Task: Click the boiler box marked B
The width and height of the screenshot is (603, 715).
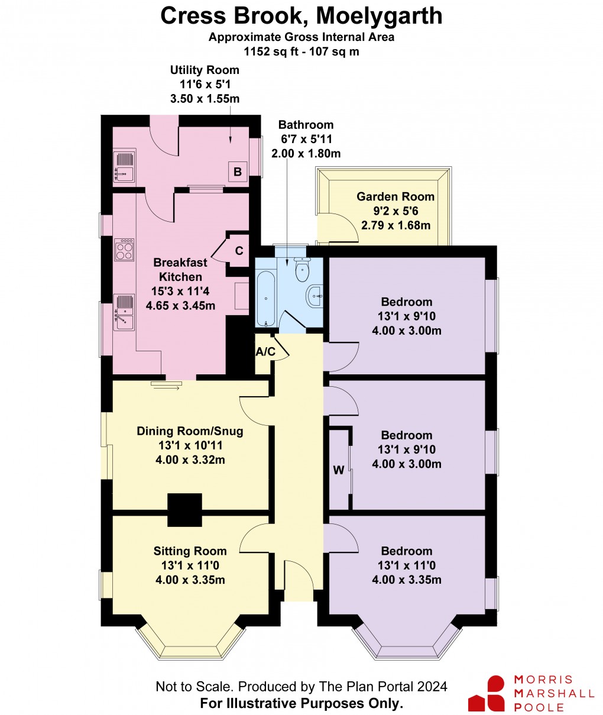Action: (238, 172)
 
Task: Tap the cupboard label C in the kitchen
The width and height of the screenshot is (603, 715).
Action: (239, 251)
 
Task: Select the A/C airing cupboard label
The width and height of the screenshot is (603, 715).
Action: (265, 352)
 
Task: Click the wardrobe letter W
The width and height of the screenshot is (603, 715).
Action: (339, 471)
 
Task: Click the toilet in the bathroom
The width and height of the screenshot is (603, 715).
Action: (302, 271)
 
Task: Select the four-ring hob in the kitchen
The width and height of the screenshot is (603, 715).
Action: (124, 250)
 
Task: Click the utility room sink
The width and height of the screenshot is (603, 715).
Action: (124, 166)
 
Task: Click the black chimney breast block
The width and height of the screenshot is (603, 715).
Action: (186, 510)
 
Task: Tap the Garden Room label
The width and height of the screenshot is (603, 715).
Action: (395, 197)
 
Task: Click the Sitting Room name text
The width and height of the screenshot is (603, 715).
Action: (190, 551)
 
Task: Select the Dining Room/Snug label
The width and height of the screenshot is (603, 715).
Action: (190, 431)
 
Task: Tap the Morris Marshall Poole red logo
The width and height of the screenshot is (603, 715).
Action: (486, 693)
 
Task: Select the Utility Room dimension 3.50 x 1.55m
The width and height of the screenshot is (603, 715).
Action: (205, 99)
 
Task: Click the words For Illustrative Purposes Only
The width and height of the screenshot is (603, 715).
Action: (301, 703)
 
